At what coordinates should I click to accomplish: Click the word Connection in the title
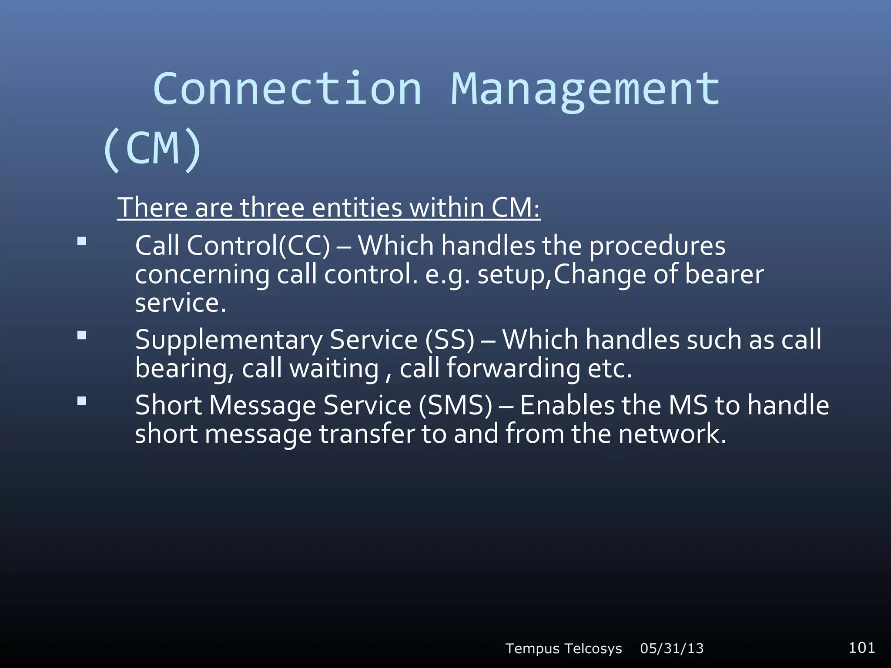(x=287, y=89)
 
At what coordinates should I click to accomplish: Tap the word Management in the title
(x=585, y=89)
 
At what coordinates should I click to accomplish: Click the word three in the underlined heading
(x=272, y=207)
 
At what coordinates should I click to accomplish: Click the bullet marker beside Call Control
(x=81, y=241)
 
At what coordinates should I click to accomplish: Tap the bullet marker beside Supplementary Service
(x=81, y=335)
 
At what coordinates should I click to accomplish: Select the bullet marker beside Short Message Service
(x=81, y=401)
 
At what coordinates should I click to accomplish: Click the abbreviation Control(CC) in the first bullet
(x=258, y=246)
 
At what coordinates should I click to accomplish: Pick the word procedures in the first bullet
(x=657, y=246)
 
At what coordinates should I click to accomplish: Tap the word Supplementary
(x=228, y=340)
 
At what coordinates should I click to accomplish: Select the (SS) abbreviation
(x=449, y=340)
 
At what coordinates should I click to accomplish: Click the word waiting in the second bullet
(x=334, y=368)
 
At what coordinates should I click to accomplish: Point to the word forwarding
(x=513, y=368)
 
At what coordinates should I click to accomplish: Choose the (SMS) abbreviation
(x=456, y=405)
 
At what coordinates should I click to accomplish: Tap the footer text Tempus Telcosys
(x=563, y=648)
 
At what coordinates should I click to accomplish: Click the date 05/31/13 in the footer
(x=672, y=648)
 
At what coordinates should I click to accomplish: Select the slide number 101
(x=861, y=648)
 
